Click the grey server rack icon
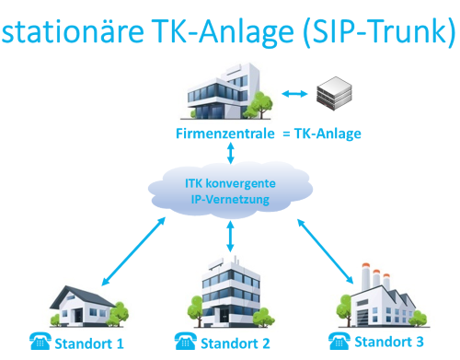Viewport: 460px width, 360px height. pos(337,93)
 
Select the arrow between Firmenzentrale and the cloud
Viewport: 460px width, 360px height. pos(230,152)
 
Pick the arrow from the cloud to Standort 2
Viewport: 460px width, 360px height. pos(229,238)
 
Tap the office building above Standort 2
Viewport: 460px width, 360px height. pos(230,293)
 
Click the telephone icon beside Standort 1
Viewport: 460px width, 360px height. pos(40,343)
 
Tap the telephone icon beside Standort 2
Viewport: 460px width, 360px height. pos(190,343)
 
